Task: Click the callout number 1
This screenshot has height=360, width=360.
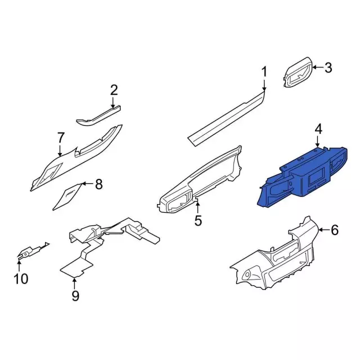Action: [x=264, y=71]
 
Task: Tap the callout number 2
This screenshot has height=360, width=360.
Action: [x=114, y=90]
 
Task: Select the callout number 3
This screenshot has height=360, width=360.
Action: [x=328, y=67]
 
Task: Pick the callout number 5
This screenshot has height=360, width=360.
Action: [x=198, y=220]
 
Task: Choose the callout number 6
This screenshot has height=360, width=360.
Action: [x=335, y=229]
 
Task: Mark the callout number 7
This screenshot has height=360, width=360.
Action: [x=60, y=138]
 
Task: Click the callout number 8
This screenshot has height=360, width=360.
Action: [x=99, y=184]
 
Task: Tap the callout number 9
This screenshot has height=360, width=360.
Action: [x=75, y=296]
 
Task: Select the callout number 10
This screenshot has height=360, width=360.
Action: [x=21, y=279]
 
